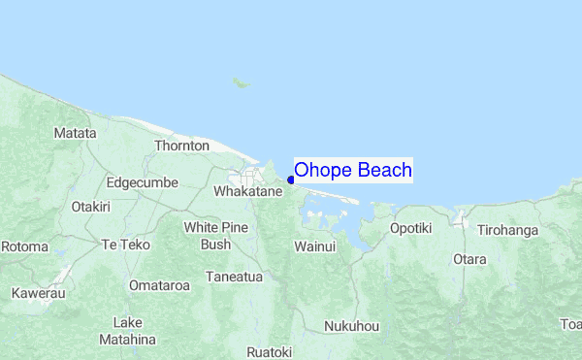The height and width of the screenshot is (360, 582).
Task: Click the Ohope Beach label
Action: pos(353,171)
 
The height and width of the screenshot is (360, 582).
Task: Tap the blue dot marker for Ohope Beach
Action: pos(291,180)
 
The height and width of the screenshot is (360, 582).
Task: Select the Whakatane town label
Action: pos(247,192)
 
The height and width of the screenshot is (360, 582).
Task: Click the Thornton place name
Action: pos(181,146)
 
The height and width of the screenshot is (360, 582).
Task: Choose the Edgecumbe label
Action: pos(139,181)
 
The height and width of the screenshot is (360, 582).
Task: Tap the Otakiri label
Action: pos(91,207)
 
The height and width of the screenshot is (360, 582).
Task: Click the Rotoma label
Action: pos(23,246)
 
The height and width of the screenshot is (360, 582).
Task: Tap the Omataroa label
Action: pos(160,285)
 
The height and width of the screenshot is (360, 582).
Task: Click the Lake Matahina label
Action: pos(127,331)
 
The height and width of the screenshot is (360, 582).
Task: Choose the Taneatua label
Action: pos(234,277)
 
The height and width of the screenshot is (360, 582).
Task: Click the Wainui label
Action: pos(314,246)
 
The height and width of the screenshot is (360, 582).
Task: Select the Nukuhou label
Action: pos(351,326)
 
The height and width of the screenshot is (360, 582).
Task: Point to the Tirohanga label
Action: pos(507,230)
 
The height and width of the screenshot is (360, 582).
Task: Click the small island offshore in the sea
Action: pos(240,82)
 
